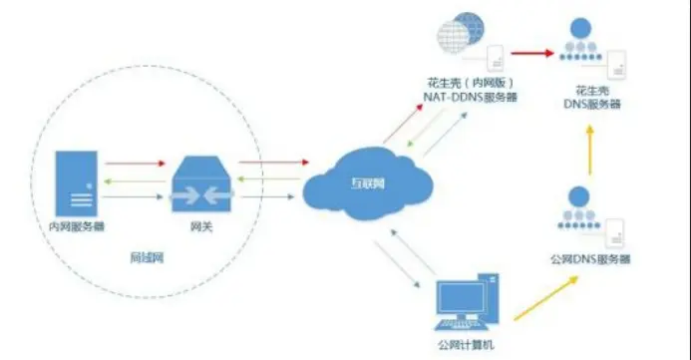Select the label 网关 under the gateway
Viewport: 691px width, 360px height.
tap(201, 228)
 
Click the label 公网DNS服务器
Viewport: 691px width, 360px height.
tap(590, 259)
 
